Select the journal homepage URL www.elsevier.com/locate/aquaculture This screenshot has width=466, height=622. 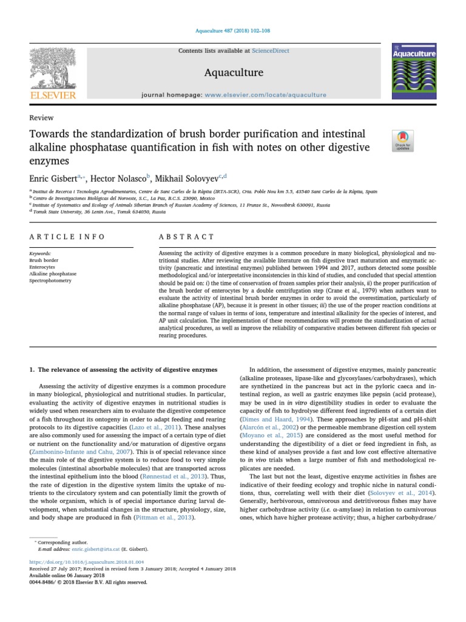point(265,95)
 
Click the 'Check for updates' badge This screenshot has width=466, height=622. point(403,140)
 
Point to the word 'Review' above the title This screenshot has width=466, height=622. point(41,118)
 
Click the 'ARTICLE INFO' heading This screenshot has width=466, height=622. point(67,237)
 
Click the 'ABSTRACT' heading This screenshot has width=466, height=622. point(186,237)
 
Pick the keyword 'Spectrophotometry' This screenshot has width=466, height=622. point(50,281)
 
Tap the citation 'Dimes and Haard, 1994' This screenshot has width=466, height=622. point(278,420)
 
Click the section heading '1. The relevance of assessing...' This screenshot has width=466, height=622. point(123,369)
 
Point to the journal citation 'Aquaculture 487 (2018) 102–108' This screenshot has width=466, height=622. point(232,30)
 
